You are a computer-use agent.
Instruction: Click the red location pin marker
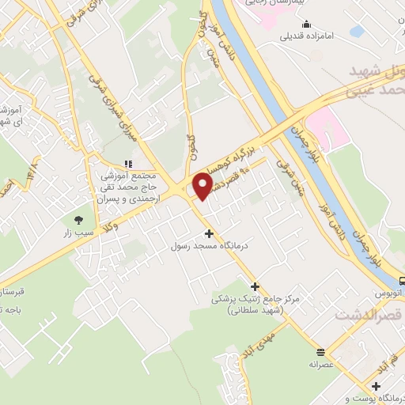(203, 185)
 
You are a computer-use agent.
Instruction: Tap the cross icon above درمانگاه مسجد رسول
(209, 233)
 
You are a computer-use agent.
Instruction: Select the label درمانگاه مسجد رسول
(210, 246)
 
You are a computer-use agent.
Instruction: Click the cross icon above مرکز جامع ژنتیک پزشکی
(254, 286)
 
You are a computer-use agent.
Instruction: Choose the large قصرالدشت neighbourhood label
(369, 316)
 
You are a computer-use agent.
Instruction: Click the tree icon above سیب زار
(78, 221)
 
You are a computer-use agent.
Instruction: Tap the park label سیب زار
(79, 234)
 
